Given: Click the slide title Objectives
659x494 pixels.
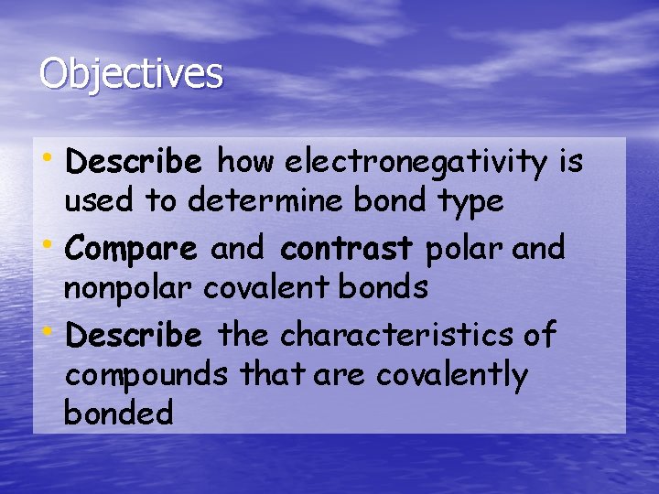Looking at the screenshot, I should (x=131, y=74).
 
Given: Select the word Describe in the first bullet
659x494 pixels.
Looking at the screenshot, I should (x=134, y=163).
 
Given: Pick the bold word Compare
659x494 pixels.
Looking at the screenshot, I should (x=132, y=249).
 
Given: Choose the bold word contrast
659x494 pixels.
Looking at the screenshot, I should (x=348, y=249).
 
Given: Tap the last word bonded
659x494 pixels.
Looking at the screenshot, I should (x=118, y=413).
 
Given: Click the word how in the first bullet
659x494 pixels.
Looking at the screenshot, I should (x=246, y=163).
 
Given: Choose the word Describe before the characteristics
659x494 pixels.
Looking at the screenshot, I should (x=134, y=336).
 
